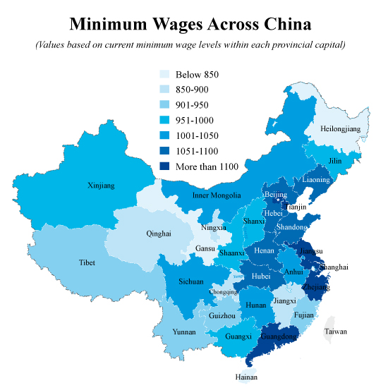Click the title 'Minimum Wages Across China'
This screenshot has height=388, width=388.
[190, 25]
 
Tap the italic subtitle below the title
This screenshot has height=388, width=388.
[190, 46]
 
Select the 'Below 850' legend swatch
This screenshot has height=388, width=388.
[164, 74]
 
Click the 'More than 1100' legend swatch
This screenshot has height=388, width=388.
[164, 166]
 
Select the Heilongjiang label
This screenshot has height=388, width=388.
[340, 129]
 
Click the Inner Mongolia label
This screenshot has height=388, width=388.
[217, 195]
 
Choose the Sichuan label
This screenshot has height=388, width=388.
[190, 281]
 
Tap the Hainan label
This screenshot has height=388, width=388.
[246, 377]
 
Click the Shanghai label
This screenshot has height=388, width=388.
[334, 267]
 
